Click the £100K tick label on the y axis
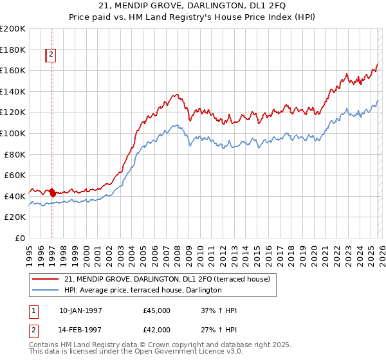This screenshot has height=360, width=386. [13, 133]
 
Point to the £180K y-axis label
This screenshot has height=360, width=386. [13, 50]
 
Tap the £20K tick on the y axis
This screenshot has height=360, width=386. [15, 217]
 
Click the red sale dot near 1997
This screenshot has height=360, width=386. [52, 192]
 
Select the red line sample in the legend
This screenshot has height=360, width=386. [46, 279]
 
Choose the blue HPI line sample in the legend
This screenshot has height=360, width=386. [46, 290]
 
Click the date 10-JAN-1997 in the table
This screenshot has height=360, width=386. [80, 310]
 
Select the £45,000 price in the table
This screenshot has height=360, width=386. [156, 310]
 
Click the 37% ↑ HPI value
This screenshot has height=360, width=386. [219, 310]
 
